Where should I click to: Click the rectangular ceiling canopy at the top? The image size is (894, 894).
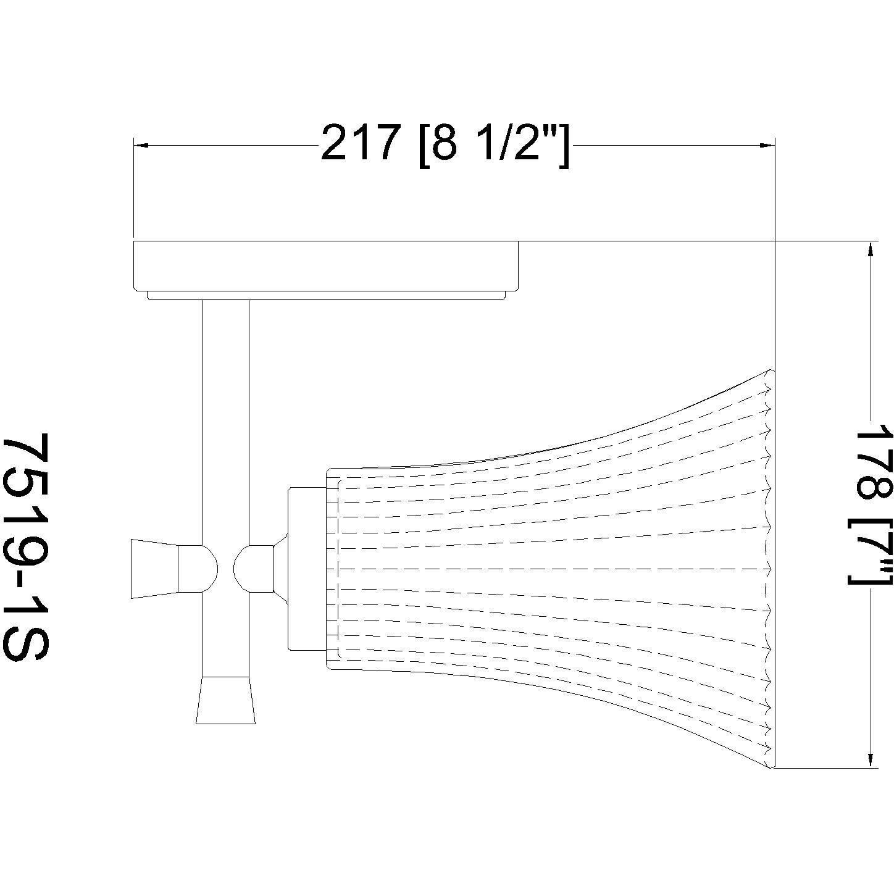pyautogui.click(x=325, y=265)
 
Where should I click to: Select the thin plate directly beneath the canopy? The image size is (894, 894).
pyautogui.click(x=325, y=295)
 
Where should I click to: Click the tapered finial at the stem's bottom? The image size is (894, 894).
pyautogui.click(x=225, y=700)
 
